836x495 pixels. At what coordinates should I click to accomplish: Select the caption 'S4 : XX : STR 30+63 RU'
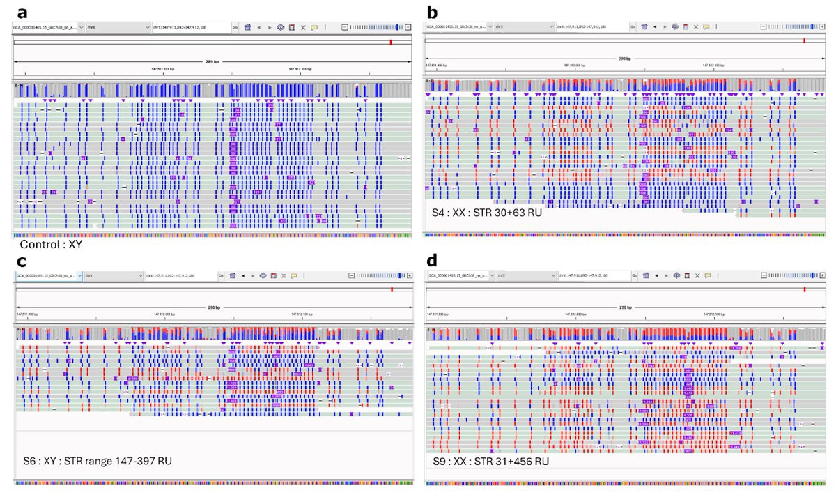pyautogui.click(x=486, y=212)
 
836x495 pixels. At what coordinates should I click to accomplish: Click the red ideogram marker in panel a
pyautogui.click(x=392, y=42)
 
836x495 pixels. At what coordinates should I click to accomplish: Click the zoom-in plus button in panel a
pyautogui.click(x=408, y=27)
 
